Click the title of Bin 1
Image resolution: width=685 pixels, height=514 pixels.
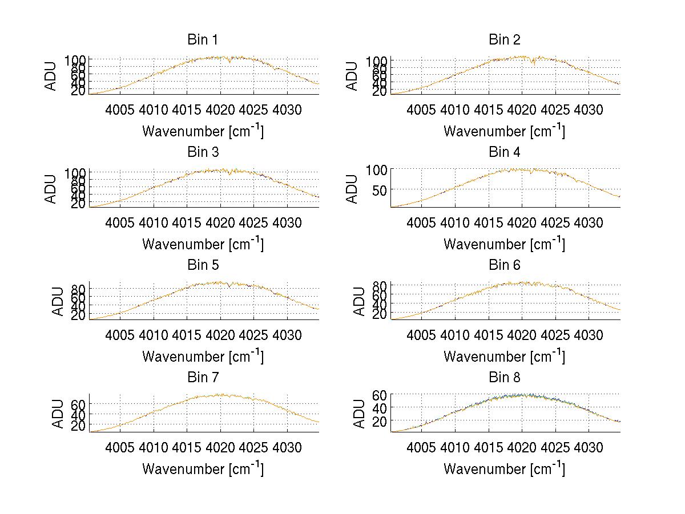pyautogui.click(x=203, y=40)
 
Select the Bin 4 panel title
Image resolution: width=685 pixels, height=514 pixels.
pyautogui.click(x=505, y=152)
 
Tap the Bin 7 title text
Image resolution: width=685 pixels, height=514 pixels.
pyautogui.click(x=203, y=378)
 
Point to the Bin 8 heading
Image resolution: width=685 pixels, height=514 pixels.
pyautogui.click(x=505, y=378)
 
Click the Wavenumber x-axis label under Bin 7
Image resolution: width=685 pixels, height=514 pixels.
pyautogui.click(x=203, y=468)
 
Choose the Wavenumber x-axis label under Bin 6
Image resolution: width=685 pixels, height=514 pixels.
pyautogui.click(x=505, y=356)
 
